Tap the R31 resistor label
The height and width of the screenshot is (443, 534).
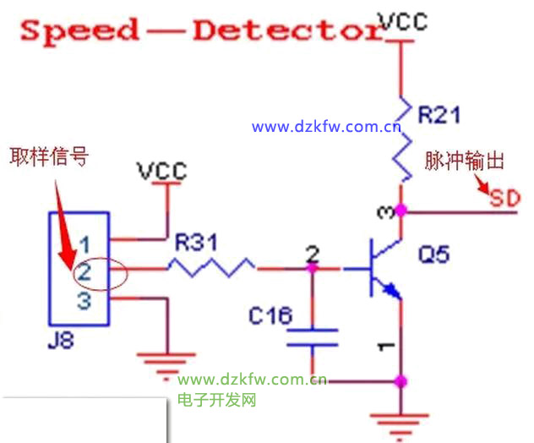coord(196,244)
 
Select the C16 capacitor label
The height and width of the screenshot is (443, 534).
coord(270,316)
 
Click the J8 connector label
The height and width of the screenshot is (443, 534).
coord(64,344)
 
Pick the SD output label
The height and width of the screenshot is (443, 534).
coord(505,200)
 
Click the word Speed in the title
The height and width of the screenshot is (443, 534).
coord(80,31)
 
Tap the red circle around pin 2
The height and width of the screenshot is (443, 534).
coord(101,272)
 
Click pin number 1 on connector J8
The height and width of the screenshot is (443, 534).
coord(84,245)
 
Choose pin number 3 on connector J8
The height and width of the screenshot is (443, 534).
coord(84,300)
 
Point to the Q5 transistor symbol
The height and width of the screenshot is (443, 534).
coord(381,270)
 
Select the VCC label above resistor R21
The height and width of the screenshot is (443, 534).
coord(402,21)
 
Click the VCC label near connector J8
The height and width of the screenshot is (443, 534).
coord(163,170)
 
